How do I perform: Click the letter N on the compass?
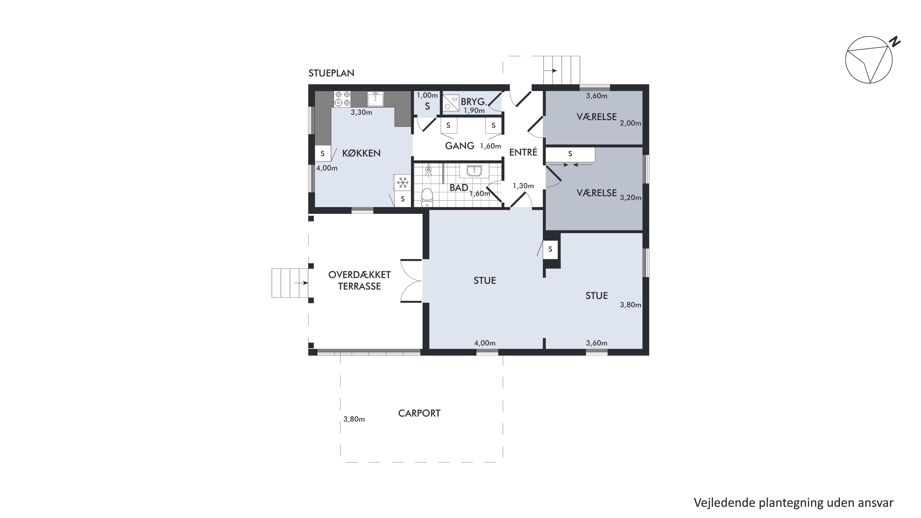pos(895,42)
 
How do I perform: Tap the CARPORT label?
pos(419,414)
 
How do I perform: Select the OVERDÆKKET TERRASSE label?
pos(359,281)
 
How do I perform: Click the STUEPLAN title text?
pos(332,73)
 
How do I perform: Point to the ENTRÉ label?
pos(523,152)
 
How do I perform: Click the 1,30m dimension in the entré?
pos(523,186)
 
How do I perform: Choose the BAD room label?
pos(459,188)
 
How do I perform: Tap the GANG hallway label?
pos(460,146)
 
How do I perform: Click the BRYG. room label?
pos(474,102)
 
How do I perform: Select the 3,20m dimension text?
pos(630,198)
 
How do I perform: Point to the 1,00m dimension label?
pos(427,96)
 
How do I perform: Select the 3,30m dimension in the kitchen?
pos(361,112)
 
